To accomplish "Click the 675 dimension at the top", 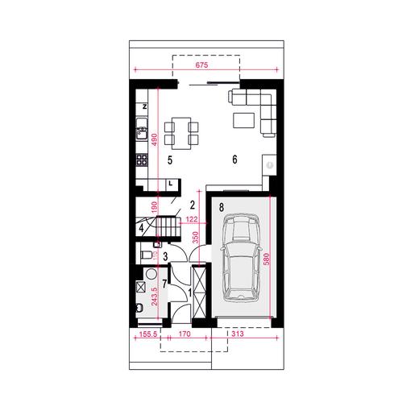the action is pyautogui.click(x=201, y=65).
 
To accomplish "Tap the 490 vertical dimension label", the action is pyautogui.click(x=155, y=139).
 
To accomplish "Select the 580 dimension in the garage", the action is pyautogui.click(x=266, y=259).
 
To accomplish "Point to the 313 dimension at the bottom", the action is pyautogui.click(x=238, y=334).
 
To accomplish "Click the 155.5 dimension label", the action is pyautogui.click(x=148, y=334).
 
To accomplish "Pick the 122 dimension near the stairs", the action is pyautogui.click(x=192, y=219).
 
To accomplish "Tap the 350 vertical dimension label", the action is pyautogui.click(x=195, y=238).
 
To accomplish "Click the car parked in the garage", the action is pyautogui.click(x=241, y=257).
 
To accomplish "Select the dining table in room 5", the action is pyautogui.click(x=181, y=133).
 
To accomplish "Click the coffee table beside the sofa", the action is pyautogui.click(x=244, y=120).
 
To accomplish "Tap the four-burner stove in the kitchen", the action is pyautogui.click(x=142, y=160).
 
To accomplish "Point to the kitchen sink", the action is pyautogui.click(x=142, y=129).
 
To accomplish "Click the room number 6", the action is pyautogui.click(x=234, y=160).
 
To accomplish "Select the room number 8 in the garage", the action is pyautogui.click(x=222, y=207).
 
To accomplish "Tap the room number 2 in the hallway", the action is pyautogui.click(x=193, y=205).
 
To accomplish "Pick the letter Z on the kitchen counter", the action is pyautogui.click(x=145, y=106).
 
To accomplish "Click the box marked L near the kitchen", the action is pyautogui.click(x=171, y=184).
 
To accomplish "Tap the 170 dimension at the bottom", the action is pyautogui.click(x=185, y=334).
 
